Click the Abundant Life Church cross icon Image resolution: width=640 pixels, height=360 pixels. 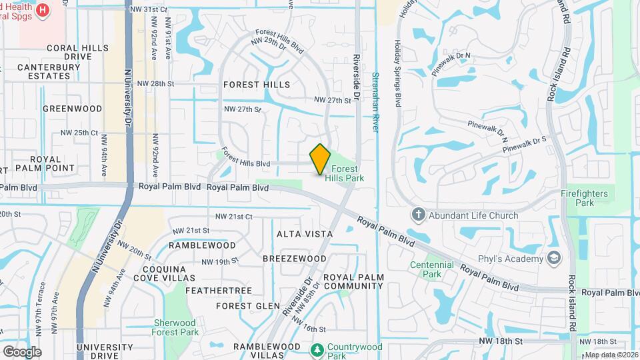[418, 215]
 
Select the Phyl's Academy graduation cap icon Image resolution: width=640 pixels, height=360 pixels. [553, 258]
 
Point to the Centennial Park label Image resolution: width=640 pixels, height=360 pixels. [432, 269]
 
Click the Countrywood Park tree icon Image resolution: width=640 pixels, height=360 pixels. [318, 349]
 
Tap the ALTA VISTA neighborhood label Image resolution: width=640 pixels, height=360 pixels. [300, 234]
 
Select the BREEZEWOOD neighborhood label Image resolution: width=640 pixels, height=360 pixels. [294, 258]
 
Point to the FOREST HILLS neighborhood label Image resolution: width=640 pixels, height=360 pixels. [257, 85]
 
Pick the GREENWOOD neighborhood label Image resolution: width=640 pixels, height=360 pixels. [72, 108]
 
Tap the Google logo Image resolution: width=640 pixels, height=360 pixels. [22, 351]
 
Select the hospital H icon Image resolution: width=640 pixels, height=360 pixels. [43, 10]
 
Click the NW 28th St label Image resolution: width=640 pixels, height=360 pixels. [155, 84]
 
